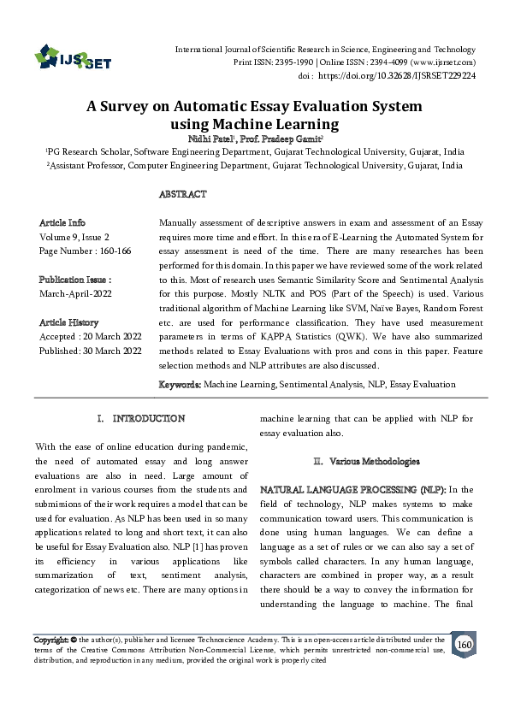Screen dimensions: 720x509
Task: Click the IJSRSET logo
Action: click(x=73, y=58)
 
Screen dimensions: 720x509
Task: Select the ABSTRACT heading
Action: click(x=182, y=195)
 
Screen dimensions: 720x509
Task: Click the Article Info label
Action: click(x=62, y=222)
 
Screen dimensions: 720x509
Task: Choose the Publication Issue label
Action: click(x=75, y=280)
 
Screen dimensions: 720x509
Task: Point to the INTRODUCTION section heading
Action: click(x=149, y=419)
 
